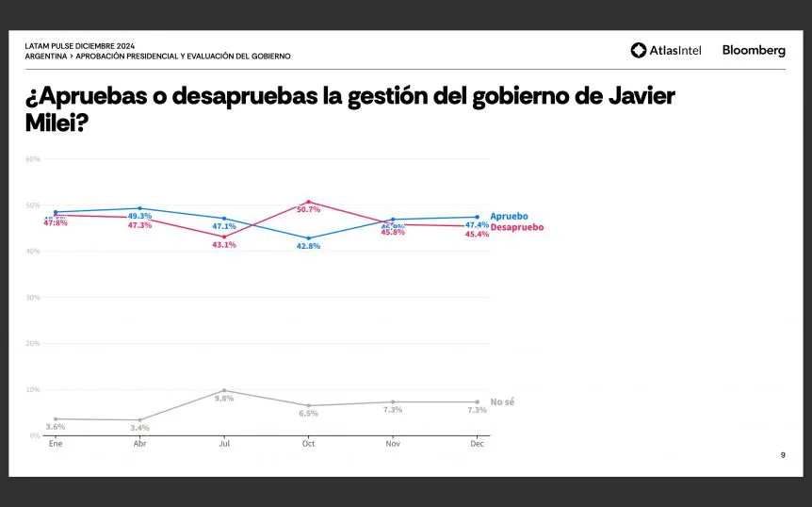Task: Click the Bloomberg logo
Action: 754,50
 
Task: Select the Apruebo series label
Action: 509,217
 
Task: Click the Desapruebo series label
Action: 517,227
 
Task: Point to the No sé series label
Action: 502,402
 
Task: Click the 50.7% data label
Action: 308,209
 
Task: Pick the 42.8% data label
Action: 308,246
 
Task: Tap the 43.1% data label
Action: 224,245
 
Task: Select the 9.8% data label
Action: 224,399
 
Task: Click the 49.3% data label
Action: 140,216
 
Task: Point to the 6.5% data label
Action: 308,414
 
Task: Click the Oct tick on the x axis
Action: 308,443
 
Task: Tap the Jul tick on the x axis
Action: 224,443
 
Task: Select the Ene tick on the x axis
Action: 56,443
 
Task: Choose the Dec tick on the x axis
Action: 477,443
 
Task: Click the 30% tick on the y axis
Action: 33,298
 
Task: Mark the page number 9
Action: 782,456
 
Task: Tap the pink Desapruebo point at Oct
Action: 308,202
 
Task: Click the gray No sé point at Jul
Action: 224,390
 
